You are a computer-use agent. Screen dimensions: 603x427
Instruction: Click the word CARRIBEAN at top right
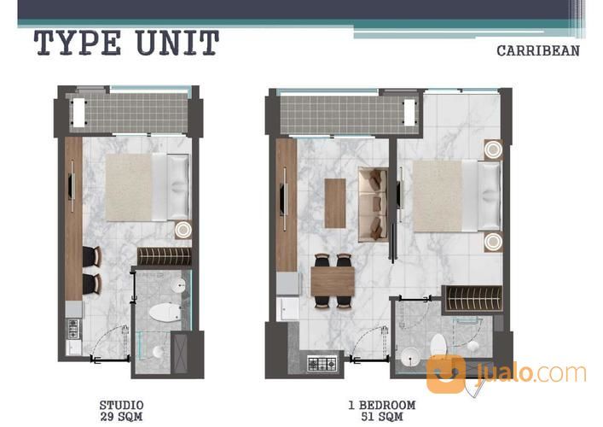coord(538,51)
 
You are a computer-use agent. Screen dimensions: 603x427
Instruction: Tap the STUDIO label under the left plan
coord(121,406)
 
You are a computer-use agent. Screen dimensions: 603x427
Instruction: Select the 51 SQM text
coord(382,416)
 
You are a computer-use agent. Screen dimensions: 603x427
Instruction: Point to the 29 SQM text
coord(121,416)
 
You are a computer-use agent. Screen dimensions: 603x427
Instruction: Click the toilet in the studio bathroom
coord(165,312)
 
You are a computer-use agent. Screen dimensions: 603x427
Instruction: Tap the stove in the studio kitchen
coord(73,329)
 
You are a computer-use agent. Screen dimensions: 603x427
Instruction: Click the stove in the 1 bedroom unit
coord(322,364)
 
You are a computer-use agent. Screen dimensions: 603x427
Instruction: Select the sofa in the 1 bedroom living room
coord(373,205)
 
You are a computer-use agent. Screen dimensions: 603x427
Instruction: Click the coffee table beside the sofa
coord(335,203)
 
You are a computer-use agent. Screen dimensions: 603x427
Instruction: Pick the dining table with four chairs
coord(333,281)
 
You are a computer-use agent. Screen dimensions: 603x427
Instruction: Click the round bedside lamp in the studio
coord(183,230)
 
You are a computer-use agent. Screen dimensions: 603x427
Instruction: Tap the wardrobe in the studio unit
coord(165,256)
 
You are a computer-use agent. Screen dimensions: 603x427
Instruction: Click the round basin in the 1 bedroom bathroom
coord(410,357)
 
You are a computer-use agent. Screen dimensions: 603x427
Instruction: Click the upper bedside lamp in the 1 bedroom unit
coord(493,149)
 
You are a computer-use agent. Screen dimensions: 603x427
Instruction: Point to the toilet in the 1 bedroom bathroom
coord(438,345)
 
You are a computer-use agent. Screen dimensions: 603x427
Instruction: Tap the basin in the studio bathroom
coord(178,286)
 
